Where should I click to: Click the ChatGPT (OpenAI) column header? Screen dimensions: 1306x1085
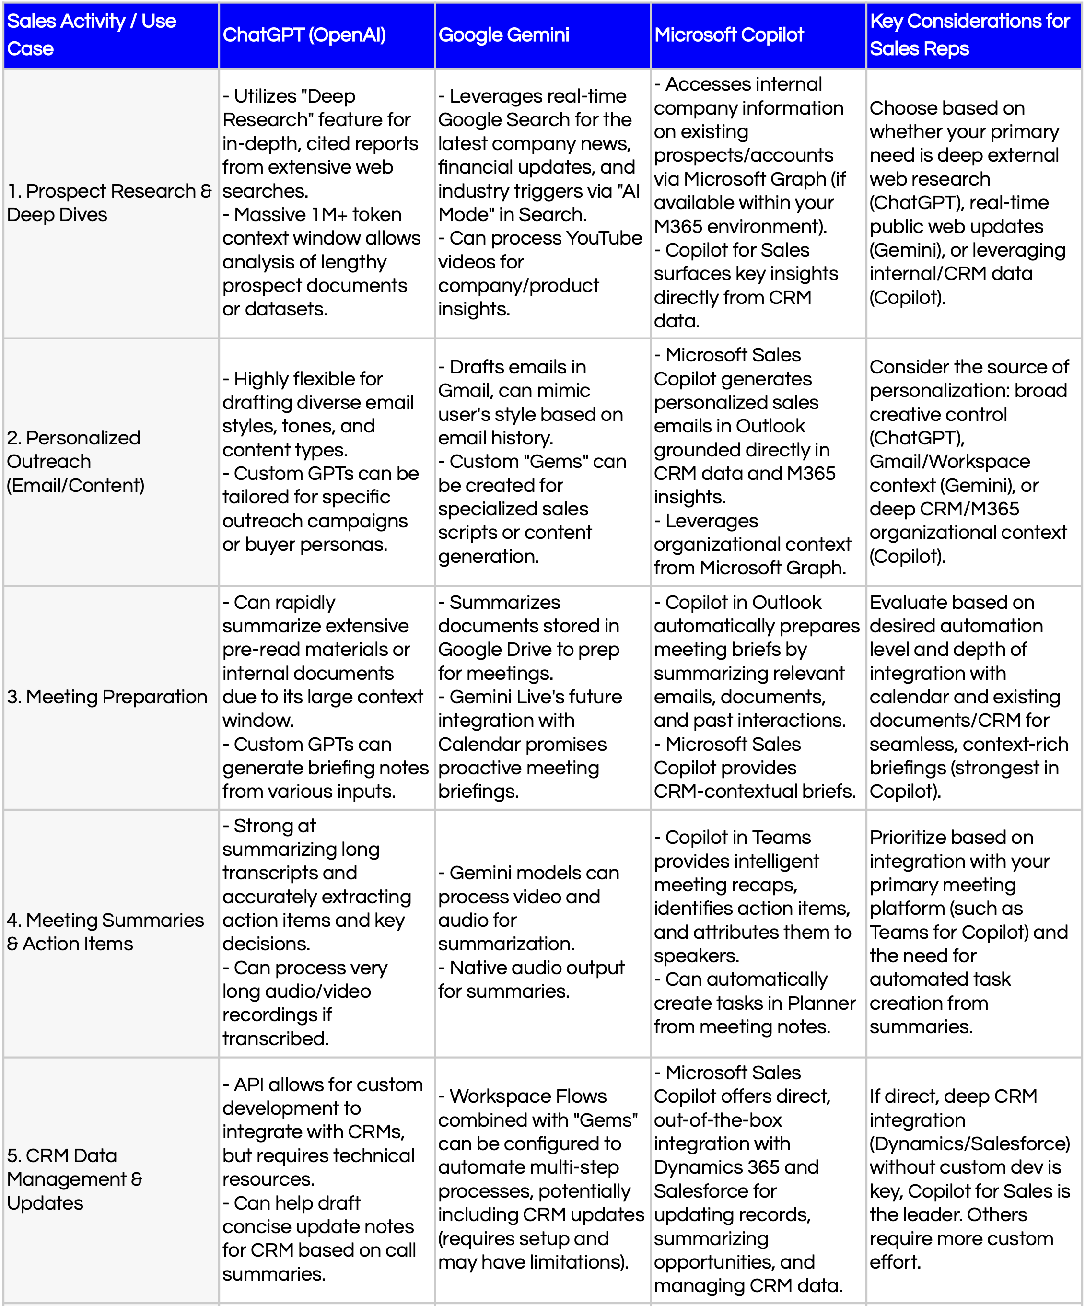pos(304,35)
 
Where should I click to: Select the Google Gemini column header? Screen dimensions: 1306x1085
pos(503,35)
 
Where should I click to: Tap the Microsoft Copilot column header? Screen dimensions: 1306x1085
pos(729,35)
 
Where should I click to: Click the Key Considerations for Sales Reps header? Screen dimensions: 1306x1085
pos(969,35)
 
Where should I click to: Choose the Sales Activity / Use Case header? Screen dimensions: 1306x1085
pos(92,35)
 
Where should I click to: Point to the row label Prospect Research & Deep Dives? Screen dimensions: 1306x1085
pos(109,203)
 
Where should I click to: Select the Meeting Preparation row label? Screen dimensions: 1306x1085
pos(107,697)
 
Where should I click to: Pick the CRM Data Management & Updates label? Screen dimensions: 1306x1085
pos(75,1179)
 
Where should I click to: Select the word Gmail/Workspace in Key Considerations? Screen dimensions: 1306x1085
pos(949,461)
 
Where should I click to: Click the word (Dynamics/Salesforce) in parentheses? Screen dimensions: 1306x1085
pos(969,1143)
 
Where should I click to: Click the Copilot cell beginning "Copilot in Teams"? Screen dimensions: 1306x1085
pos(756,932)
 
